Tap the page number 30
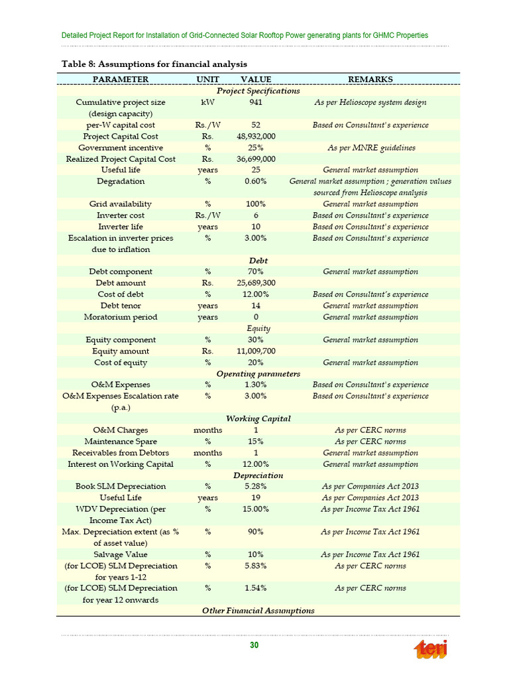click(254, 646)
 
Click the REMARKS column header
click(370, 79)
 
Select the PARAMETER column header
click(121, 79)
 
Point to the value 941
click(256, 102)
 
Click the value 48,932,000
click(256, 136)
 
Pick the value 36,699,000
click(256, 159)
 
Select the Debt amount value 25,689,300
click(256, 283)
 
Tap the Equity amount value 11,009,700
click(256, 351)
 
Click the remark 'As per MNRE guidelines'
click(370, 147)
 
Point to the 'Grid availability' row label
click(121, 204)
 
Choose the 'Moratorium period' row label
click(121, 317)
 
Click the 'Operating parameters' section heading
click(254, 373)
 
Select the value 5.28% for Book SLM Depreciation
click(256, 486)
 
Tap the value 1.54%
click(256, 587)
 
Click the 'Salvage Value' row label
click(121, 554)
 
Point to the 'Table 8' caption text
click(154, 64)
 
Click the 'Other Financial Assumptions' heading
click(258, 610)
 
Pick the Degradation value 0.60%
click(256, 181)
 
